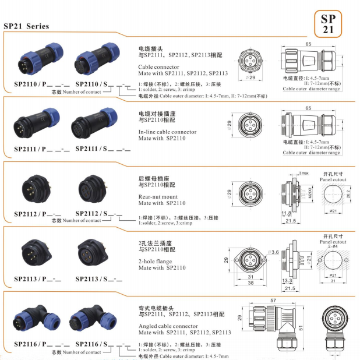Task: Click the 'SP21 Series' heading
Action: [26, 26]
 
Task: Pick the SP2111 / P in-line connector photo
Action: [33, 126]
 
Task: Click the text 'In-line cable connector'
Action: [167, 132]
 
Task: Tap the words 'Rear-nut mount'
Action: [158, 196]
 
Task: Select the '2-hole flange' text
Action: [155, 262]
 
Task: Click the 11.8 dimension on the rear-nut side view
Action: [285, 213]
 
